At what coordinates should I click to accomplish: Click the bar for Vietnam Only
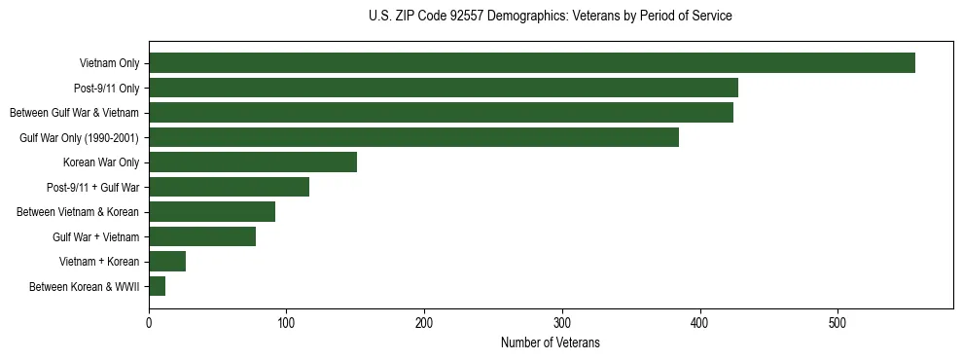coord(532,63)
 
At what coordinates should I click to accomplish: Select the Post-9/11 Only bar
coord(444,88)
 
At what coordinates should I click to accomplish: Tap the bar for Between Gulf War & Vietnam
coord(441,113)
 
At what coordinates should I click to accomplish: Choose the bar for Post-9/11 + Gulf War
coord(229,187)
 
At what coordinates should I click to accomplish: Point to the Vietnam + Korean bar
coord(167,261)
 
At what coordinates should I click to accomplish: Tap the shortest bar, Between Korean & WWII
coord(158,286)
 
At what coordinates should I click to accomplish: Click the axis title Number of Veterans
coord(551,343)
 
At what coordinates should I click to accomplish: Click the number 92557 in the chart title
coord(483,17)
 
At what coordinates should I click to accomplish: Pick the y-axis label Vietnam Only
coord(109,64)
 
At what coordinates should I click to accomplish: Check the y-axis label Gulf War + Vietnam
coord(95,236)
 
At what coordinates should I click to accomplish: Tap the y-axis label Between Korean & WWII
coord(84,286)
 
